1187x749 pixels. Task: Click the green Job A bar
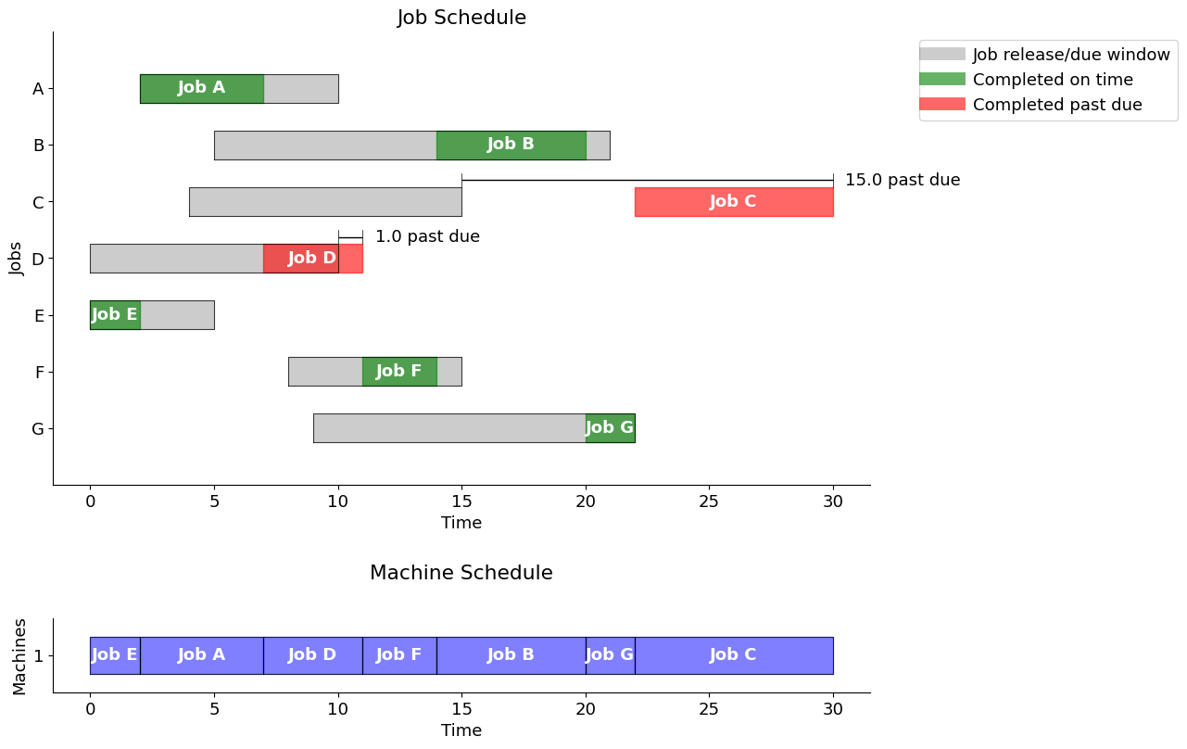(202, 89)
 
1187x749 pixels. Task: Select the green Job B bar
(511, 146)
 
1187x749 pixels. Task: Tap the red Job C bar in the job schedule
(733, 202)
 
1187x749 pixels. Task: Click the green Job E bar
(115, 315)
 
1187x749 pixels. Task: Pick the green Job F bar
(399, 372)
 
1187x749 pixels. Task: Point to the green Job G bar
(610, 428)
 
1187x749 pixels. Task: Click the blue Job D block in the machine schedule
(312, 655)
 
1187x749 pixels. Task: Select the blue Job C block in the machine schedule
(733, 655)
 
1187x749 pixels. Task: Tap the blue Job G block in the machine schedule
(610, 655)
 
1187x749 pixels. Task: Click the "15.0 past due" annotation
(902, 181)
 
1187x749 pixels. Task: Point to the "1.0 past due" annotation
(427, 237)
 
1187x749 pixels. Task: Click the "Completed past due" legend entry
(1056, 105)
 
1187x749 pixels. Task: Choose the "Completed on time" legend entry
(1052, 81)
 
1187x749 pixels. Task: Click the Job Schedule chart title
(461, 19)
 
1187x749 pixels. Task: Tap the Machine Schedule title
(461, 574)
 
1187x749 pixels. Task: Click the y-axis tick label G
(38, 429)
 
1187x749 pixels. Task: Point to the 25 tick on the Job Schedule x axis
(709, 501)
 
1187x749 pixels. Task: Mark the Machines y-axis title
(20, 656)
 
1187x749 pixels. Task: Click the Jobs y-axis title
(16, 258)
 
